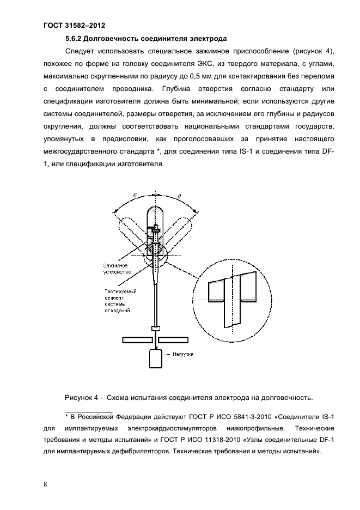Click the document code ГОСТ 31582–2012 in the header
click(x=74, y=25)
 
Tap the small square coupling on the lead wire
click(x=156, y=329)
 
